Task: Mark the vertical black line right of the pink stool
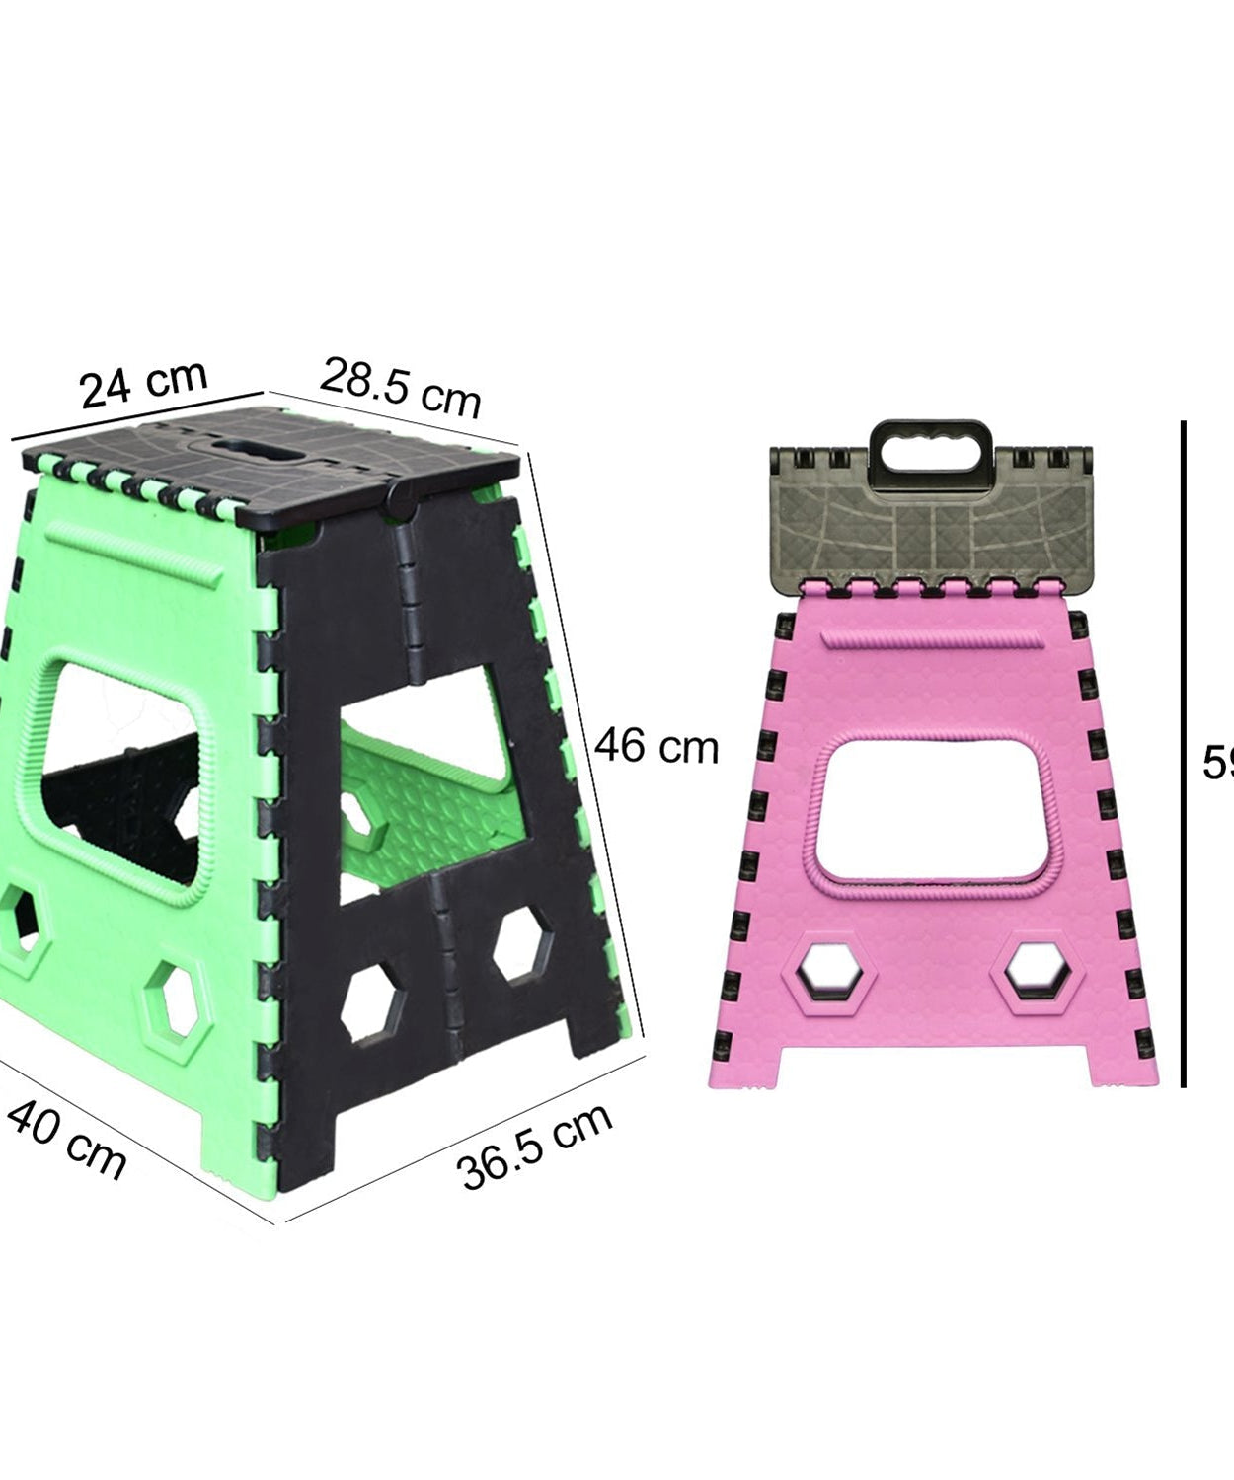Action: pos(1183,755)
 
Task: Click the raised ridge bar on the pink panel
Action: pos(932,641)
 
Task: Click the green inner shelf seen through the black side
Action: pos(434,799)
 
